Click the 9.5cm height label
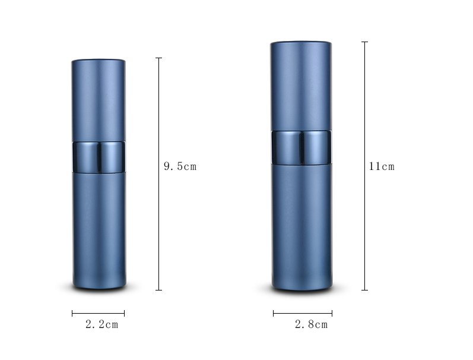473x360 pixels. (x=180, y=166)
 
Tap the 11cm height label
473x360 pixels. (x=382, y=166)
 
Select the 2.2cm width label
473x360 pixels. (x=101, y=325)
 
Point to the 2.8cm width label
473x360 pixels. (x=312, y=325)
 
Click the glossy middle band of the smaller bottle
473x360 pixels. (x=99, y=157)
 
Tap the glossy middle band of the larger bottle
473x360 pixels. (x=301, y=147)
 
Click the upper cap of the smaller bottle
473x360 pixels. (x=99, y=100)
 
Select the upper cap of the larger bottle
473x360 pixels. (x=301, y=86)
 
